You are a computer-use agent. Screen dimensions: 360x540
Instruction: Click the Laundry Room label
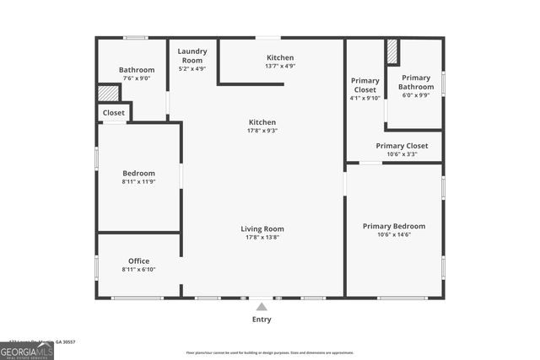click(192, 56)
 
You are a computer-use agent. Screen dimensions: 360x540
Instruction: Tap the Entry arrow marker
click(262, 307)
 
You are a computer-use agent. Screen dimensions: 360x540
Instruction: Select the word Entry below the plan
click(262, 320)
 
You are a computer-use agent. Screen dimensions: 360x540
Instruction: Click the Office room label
click(138, 261)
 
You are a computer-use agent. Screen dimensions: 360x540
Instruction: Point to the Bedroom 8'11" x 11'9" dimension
click(138, 182)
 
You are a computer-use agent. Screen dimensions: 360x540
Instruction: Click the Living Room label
click(262, 228)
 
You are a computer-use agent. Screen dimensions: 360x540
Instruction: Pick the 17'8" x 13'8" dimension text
click(262, 238)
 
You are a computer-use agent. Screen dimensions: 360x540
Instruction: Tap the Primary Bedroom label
click(393, 226)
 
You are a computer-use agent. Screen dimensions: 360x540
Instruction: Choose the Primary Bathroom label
click(416, 82)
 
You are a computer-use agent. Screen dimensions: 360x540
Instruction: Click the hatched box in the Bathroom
click(107, 93)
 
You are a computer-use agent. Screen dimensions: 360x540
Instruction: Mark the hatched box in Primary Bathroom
click(391, 51)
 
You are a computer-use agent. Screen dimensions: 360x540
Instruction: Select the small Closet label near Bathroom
click(114, 112)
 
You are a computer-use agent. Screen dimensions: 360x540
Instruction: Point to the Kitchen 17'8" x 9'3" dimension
click(262, 131)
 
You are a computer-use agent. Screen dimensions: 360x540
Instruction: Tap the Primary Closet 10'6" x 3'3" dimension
click(402, 154)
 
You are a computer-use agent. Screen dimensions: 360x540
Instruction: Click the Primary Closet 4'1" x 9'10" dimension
click(365, 97)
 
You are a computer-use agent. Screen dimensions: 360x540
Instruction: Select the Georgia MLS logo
click(27, 350)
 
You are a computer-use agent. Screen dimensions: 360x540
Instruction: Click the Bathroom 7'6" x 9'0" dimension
click(137, 78)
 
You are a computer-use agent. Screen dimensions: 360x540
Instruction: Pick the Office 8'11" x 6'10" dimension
click(138, 270)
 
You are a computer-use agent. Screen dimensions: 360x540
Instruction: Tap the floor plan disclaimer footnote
click(270, 352)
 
